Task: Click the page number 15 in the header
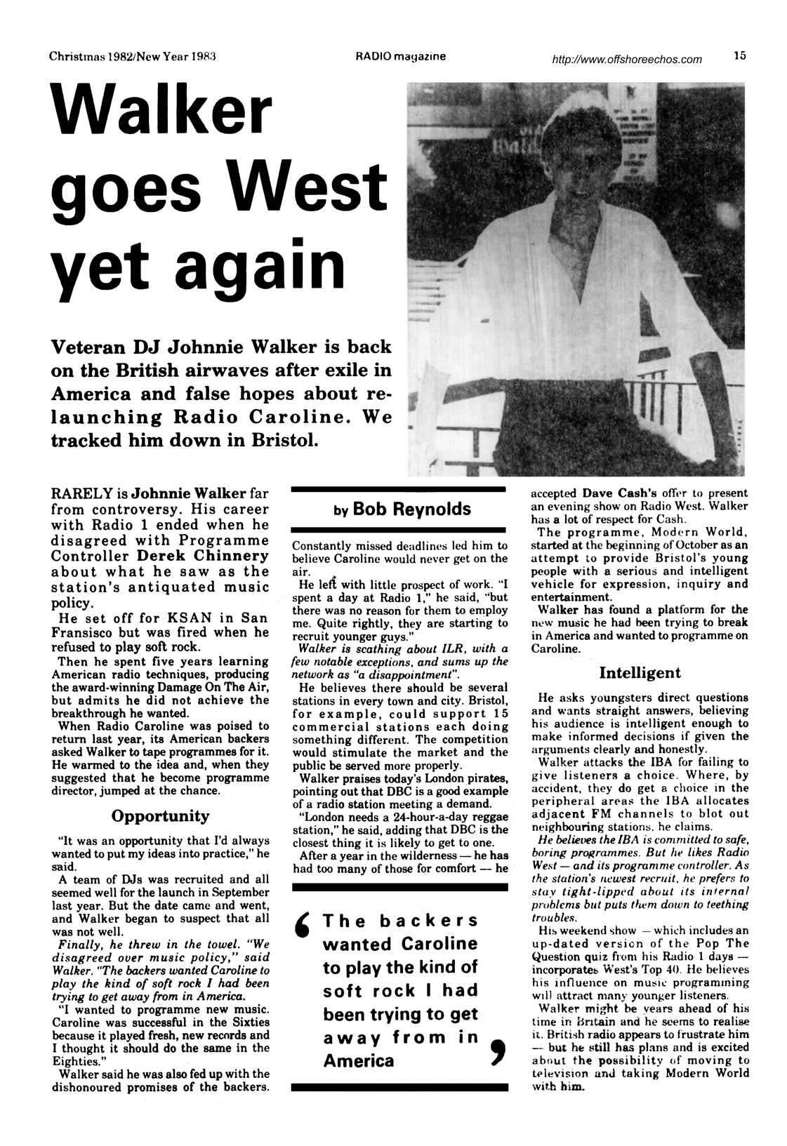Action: [739, 56]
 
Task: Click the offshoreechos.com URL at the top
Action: [627, 60]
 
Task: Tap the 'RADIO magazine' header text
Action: [400, 56]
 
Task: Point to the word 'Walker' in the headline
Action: [161, 110]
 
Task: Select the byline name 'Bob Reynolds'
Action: [411, 509]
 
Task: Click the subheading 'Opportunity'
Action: [160, 816]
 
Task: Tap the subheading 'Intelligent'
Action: [640, 673]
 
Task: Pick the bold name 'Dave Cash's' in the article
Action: [613, 493]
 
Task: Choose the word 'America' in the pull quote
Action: [359, 1060]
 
